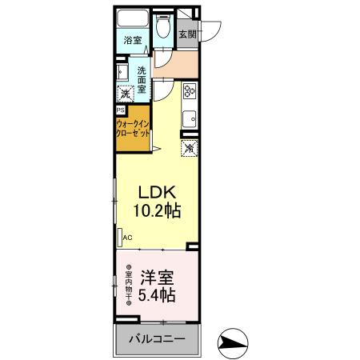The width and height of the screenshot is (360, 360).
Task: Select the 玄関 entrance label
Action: coord(186,34)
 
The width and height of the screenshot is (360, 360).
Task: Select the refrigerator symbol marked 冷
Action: coord(190,148)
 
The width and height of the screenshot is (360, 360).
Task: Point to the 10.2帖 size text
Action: coord(158,212)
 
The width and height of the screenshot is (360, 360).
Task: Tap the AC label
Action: coord(127,237)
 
